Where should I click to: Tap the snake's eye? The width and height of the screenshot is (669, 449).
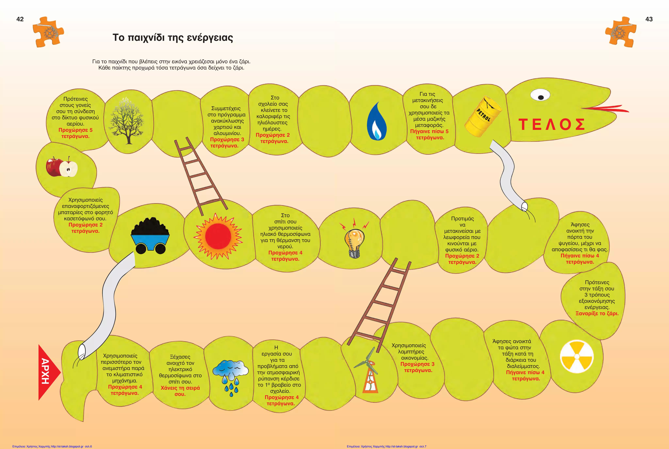coord(540,95)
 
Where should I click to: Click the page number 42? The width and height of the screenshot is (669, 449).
coord(20,19)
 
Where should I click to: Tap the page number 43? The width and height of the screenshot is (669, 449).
coord(649,19)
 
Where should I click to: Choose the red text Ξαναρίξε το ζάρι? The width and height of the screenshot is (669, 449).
coord(597,314)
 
